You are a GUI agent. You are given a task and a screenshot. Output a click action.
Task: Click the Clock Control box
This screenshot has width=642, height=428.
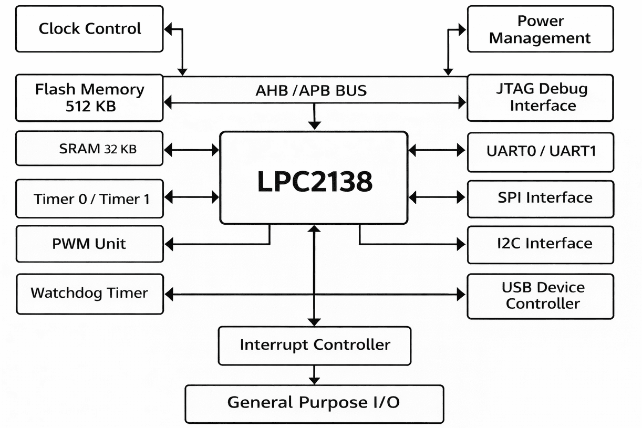tap(89, 29)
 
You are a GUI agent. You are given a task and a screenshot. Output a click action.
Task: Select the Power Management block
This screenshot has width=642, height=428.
tap(540, 29)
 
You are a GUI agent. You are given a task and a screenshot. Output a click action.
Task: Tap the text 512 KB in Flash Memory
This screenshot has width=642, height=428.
tap(90, 106)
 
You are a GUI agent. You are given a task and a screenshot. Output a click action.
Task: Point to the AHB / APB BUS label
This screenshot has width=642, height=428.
tap(311, 91)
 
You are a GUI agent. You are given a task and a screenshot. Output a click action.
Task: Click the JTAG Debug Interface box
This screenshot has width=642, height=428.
tap(540, 98)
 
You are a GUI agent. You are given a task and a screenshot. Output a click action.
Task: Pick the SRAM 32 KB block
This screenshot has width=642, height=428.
tap(89, 149)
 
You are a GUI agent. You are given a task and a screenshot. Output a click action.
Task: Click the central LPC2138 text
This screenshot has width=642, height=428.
tap(314, 181)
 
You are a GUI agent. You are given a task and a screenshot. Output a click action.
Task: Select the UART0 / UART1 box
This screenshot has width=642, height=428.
tap(540, 151)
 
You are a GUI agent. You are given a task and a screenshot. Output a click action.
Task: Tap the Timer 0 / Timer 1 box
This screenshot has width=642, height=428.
tap(89, 199)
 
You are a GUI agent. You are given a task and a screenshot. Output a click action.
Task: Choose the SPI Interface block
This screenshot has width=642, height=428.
tap(540, 198)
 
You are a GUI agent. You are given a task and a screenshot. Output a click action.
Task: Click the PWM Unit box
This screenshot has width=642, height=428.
tap(89, 244)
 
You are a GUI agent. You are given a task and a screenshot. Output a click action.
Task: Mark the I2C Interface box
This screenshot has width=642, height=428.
tap(540, 244)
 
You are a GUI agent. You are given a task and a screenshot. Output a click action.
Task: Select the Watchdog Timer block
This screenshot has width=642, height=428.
tap(89, 293)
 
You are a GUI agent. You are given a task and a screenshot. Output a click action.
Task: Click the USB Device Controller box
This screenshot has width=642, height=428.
tap(540, 296)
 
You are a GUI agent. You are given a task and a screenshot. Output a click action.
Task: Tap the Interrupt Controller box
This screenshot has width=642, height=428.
tap(314, 345)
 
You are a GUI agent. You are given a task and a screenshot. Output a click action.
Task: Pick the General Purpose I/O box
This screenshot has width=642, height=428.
tap(314, 403)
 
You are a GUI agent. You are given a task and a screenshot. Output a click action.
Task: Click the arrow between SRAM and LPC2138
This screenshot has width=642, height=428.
tap(191, 150)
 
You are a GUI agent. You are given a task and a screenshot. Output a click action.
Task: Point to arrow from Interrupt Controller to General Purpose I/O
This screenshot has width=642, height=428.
tap(314, 375)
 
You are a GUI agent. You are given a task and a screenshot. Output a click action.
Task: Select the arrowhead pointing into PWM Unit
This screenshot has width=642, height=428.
tap(169, 244)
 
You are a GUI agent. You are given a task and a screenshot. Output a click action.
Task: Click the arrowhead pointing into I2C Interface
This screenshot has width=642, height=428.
tap(461, 244)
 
